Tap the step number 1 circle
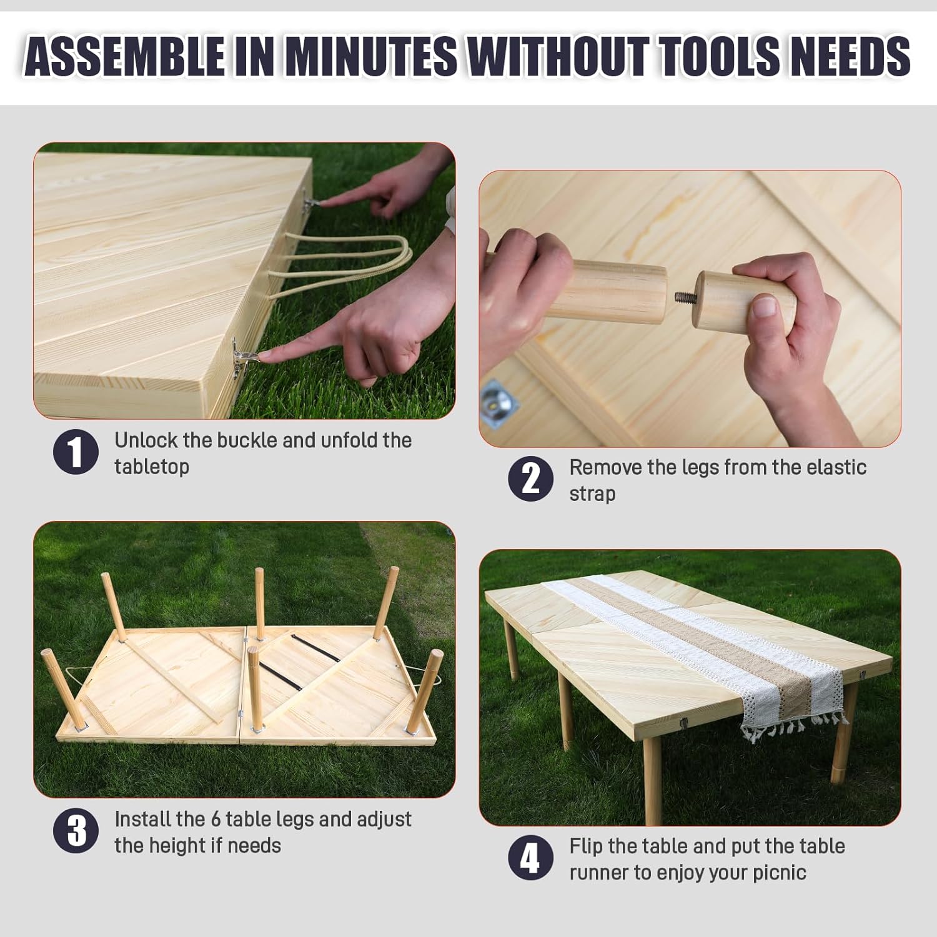tap(76, 452)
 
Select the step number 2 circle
tap(530, 479)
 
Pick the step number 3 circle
tap(76, 831)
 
